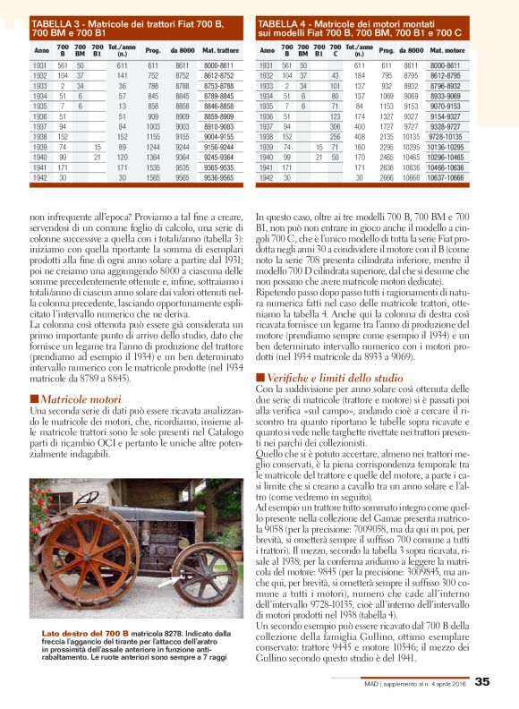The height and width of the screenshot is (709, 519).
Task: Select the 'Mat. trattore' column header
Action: [x=218, y=52]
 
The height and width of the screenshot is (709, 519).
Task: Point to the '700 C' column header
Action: [x=335, y=52]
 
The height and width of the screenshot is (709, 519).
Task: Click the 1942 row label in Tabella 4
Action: [x=266, y=177]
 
